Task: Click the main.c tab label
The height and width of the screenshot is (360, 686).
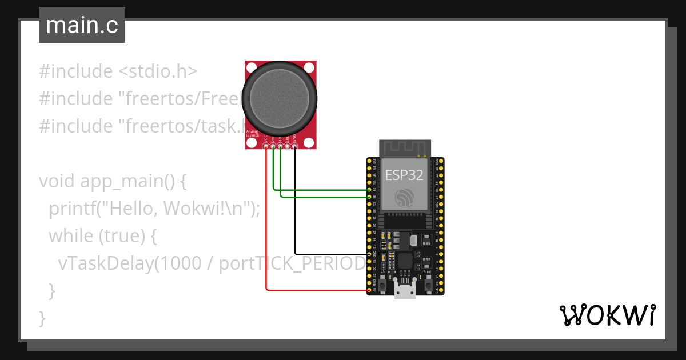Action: [82, 26]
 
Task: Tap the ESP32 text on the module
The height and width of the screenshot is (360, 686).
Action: [404, 174]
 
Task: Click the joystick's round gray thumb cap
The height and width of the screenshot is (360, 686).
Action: [279, 95]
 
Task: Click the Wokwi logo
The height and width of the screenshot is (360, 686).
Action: [607, 315]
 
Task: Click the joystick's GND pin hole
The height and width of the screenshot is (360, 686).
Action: [294, 147]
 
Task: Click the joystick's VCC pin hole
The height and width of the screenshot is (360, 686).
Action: [266, 147]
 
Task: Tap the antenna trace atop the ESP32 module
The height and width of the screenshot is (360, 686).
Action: [404, 149]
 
